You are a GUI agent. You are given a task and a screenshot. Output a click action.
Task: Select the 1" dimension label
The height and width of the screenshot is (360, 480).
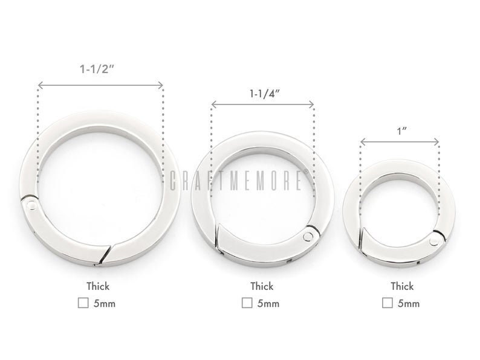(x=400, y=130)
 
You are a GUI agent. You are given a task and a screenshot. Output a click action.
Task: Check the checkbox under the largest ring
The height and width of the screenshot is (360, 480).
(x=82, y=303)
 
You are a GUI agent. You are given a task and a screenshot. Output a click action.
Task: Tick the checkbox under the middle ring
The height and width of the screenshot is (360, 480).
(x=247, y=303)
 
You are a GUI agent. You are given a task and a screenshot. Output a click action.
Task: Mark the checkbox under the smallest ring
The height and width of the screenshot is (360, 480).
(x=386, y=303)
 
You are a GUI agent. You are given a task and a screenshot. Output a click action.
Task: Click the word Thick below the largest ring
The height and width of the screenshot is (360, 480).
(x=97, y=286)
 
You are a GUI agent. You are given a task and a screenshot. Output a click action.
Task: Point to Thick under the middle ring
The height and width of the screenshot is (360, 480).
(x=262, y=286)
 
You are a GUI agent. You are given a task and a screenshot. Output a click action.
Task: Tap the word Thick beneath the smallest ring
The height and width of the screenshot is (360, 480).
(x=401, y=286)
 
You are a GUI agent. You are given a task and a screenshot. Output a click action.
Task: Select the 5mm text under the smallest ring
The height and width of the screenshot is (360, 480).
(x=409, y=303)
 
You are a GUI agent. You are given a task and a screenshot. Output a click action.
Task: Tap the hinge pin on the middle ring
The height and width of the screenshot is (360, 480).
(x=310, y=234)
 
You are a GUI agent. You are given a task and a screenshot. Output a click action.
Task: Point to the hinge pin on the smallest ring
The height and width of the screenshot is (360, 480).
(x=433, y=241)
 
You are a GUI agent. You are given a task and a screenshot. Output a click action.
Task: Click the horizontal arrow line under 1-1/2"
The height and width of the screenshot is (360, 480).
(x=100, y=85)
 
